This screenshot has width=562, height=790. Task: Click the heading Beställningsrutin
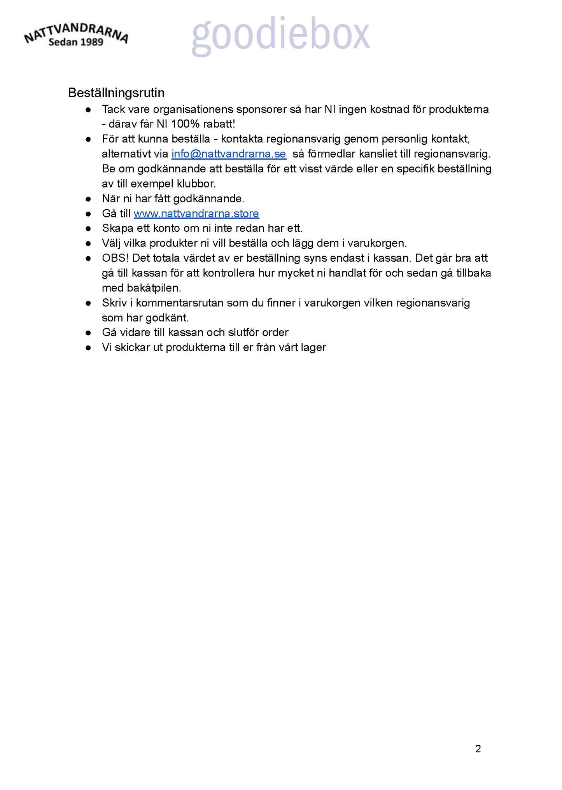(116, 93)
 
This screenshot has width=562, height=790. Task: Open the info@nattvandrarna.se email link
(229, 154)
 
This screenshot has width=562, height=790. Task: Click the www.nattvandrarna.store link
(196, 214)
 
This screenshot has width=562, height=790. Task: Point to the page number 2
(478, 749)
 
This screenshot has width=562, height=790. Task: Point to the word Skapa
(117, 228)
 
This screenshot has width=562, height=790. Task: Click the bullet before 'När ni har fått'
(89, 199)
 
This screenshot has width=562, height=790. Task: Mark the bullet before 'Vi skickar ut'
(89, 347)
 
